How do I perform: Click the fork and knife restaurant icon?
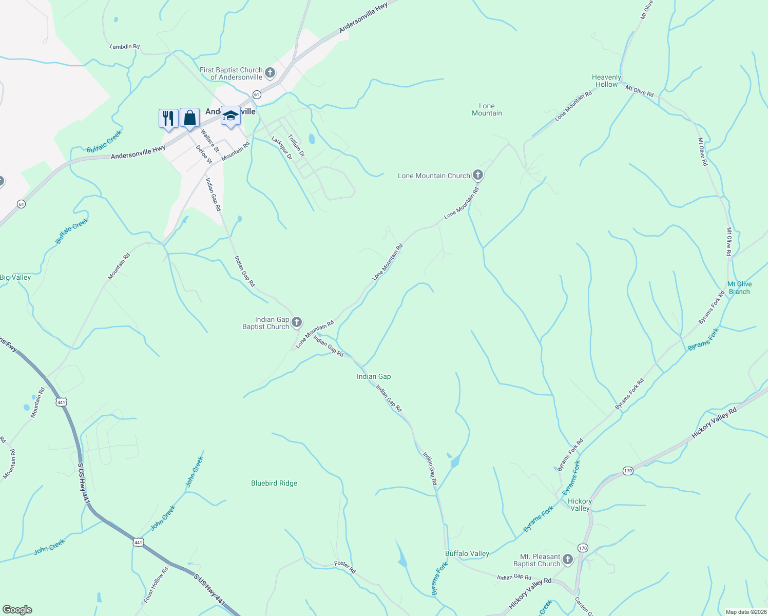coord(168,118)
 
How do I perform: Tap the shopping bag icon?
coord(189,118)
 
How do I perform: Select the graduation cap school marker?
coord(231,115)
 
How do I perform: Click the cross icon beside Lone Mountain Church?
coord(478,176)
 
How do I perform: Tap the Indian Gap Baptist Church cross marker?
coord(297,322)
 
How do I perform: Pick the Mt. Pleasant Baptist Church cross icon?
coord(567,560)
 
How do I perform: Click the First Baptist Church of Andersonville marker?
coord(270,73)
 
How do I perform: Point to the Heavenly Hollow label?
coord(606,81)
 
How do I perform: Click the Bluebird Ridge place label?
coord(274,483)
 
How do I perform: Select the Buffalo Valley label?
coord(467,553)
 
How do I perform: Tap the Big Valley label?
coord(15,277)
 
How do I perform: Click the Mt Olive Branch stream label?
coord(739,287)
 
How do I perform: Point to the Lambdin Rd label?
coord(125,47)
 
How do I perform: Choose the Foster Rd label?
coord(345,567)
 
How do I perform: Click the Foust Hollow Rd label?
coord(156,585)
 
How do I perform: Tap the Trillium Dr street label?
coord(296,146)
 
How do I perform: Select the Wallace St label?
coord(209,141)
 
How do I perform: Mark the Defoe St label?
coord(204,154)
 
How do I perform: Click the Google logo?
coord(17,610)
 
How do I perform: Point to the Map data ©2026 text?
coord(745,612)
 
